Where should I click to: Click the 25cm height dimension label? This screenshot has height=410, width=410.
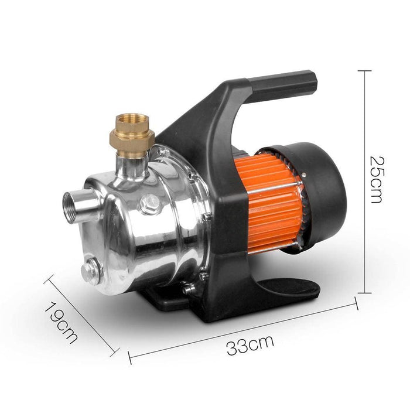tap(377, 180)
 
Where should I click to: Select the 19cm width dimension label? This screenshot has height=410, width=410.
tap(61, 322)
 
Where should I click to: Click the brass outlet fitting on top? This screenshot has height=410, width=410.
tap(132, 135)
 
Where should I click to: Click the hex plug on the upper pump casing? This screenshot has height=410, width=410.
tap(149, 204)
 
